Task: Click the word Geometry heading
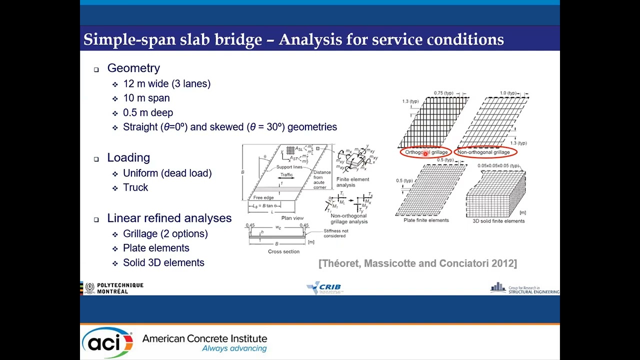133,68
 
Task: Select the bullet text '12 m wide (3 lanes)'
166,84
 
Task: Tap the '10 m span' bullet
146,98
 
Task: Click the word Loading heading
128,158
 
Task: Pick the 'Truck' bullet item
135,187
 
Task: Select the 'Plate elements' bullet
156,248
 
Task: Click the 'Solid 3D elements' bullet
163,262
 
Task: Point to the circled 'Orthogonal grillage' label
426,152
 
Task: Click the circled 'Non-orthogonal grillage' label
483,152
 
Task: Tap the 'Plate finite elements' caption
426,220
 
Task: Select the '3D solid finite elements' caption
498,220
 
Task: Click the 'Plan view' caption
292,218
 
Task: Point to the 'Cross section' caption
283,251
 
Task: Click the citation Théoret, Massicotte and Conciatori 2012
417,263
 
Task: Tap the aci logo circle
107,342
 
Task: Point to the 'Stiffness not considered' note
335,233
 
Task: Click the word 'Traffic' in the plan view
286,175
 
